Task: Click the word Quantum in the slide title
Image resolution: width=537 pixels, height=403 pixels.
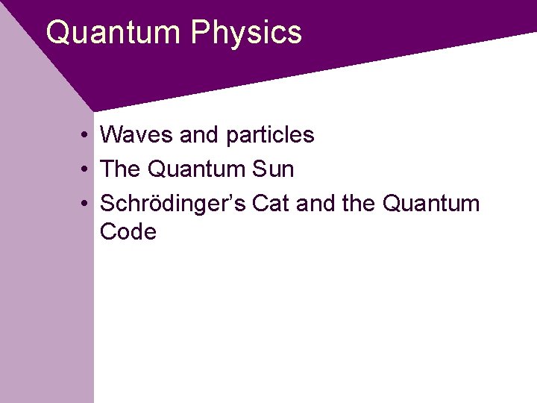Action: point(113,33)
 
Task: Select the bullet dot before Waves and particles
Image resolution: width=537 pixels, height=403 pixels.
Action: point(87,136)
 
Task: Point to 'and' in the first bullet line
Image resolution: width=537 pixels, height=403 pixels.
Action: point(199,135)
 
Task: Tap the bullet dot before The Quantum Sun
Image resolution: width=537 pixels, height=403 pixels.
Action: point(87,170)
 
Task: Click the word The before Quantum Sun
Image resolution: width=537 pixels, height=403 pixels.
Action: point(120,169)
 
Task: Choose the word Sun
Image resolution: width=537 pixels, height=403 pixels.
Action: point(274,169)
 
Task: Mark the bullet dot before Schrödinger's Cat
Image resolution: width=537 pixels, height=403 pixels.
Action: point(87,204)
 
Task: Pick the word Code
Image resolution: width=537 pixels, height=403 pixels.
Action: point(128,232)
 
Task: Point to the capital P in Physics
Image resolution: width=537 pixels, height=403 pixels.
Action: point(199,33)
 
